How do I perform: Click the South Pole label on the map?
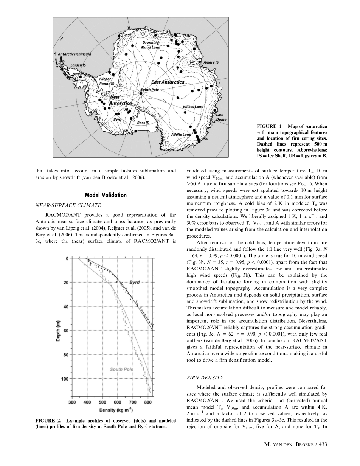150,90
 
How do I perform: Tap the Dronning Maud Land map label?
151,45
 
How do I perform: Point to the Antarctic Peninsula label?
74,54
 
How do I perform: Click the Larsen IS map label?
78,65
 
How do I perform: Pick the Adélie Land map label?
181,134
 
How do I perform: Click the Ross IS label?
143,123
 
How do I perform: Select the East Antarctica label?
168,82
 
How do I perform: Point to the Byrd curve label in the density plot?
135,282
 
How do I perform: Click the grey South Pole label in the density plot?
121,369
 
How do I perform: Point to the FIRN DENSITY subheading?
206,377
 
